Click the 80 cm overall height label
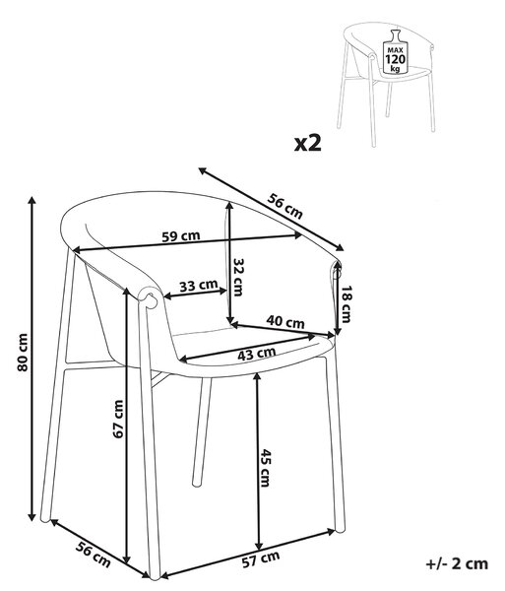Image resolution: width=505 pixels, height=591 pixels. pyautogui.click(x=23, y=353)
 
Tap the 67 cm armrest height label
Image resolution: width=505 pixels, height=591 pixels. pyautogui.click(x=118, y=420)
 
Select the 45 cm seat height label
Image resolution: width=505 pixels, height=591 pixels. pyautogui.click(x=265, y=468)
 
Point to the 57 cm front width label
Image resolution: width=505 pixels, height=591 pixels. pyautogui.click(x=261, y=559)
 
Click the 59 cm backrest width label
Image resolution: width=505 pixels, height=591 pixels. pyautogui.click(x=181, y=236)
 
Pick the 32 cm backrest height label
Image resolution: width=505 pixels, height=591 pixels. pyautogui.click(x=237, y=277)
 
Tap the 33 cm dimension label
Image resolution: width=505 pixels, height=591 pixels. pyautogui.click(x=198, y=286)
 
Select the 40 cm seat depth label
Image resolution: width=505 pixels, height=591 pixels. pyautogui.click(x=285, y=321)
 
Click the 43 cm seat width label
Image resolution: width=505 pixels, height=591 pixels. pyautogui.click(x=257, y=354)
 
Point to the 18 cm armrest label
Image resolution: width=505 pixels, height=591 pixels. pyautogui.click(x=346, y=303)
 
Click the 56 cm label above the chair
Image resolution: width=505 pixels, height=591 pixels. pyautogui.click(x=285, y=206)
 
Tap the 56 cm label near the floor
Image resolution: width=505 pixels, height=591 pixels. pyautogui.click(x=93, y=555)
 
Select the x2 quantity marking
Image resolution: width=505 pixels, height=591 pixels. pyautogui.click(x=308, y=143)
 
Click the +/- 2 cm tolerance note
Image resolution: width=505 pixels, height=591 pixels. pyautogui.click(x=457, y=563)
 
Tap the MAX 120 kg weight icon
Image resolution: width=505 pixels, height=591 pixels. pyautogui.click(x=395, y=51)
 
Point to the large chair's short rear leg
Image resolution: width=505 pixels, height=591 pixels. pyautogui.click(x=202, y=432)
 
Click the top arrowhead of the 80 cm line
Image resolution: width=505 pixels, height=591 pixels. pyautogui.click(x=32, y=200)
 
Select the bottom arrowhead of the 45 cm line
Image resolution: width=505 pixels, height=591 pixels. pyautogui.click(x=258, y=546)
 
